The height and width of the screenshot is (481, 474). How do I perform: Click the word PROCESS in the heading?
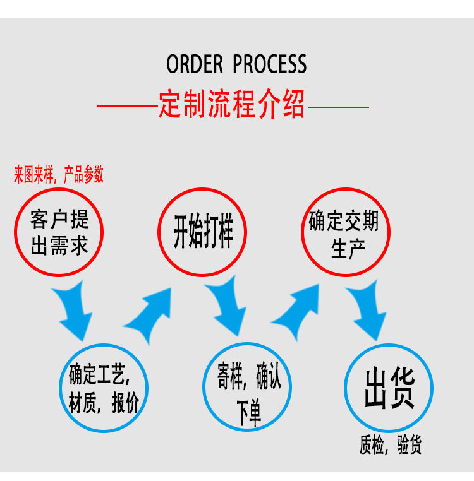click(269, 64)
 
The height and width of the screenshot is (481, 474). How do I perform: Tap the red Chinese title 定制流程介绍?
click(232, 105)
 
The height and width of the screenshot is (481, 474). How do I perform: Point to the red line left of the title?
click(126, 107)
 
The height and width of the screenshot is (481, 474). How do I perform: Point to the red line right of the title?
click(338, 107)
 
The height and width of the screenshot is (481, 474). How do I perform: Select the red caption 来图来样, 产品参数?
click(59, 175)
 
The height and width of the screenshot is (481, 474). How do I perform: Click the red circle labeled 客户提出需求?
click(59, 232)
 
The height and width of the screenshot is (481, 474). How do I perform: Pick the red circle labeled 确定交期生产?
click(344, 232)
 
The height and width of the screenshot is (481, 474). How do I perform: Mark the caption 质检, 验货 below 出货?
click(390, 446)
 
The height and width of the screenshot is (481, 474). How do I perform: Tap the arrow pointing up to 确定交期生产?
click(296, 312)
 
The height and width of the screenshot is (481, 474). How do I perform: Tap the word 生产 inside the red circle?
click(344, 248)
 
